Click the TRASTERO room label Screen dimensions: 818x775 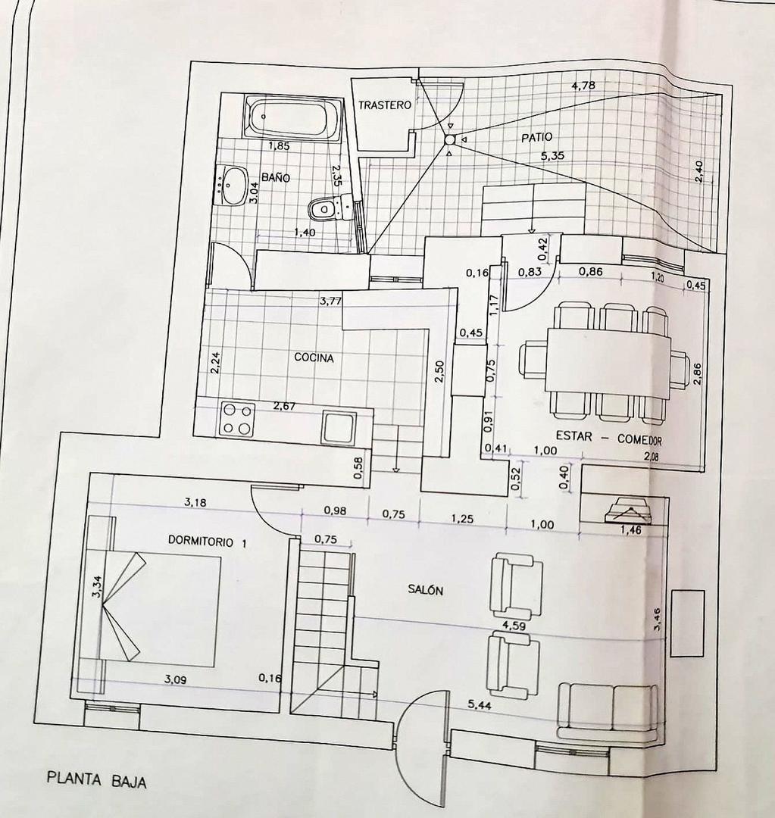click(x=385, y=105)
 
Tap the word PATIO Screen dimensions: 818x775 click(x=536, y=137)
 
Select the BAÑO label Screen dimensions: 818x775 click(x=276, y=177)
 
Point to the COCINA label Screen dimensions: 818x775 click(x=314, y=358)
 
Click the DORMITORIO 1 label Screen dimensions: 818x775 click(x=207, y=542)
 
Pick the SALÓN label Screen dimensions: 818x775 click(x=424, y=591)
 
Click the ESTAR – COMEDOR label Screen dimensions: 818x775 click(x=609, y=438)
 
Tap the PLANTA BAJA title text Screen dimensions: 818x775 click(x=96, y=780)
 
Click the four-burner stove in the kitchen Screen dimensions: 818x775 click(x=236, y=419)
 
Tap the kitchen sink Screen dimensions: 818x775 click(x=339, y=427)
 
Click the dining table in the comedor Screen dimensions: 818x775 click(x=608, y=361)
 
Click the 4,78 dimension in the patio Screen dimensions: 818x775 click(x=583, y=86)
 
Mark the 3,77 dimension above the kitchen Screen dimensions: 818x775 click(x=330, y=301)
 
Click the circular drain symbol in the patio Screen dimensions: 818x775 click(x=449, y=139)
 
